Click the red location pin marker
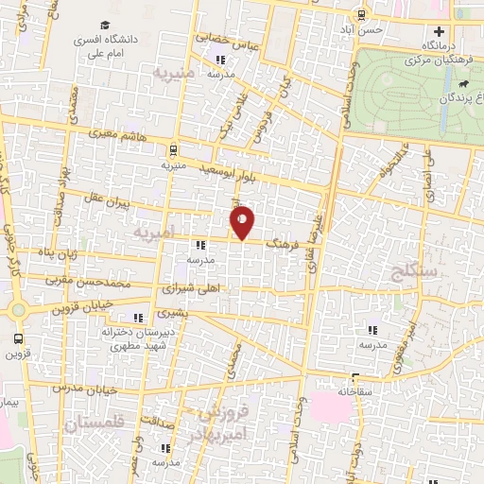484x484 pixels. point(243,222)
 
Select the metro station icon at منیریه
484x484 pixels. point(173,149)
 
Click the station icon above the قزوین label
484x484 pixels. point(18,338)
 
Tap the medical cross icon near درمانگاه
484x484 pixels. point(438,30)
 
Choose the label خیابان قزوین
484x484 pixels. point(87,305)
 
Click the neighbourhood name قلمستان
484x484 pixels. point(95,426)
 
